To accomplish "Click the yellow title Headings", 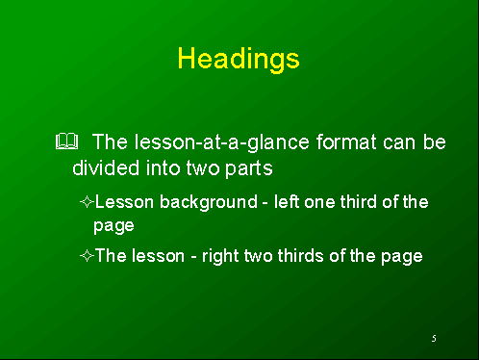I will point(239,59).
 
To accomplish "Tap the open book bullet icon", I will point(65,142).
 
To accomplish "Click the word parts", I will point(251,167).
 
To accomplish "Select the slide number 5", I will point(434,339).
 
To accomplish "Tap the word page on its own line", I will point(113,226).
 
